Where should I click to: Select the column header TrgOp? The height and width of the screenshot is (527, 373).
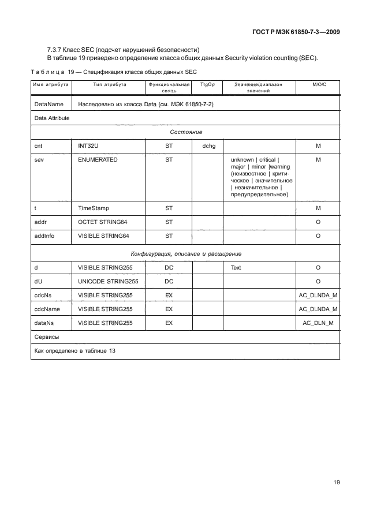point(207,84)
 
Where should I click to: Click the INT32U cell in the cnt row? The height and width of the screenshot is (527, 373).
point(87,147)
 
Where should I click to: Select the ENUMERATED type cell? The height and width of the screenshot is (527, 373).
point(98,159)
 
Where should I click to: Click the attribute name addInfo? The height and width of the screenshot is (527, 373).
point(44,236)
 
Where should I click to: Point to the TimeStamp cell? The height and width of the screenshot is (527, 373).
point(94,207)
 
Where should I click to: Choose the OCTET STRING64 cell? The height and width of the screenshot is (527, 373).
point(103,222)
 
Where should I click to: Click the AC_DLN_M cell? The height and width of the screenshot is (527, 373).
point(318,323)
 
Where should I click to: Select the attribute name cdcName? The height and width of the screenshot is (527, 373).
point(47,309)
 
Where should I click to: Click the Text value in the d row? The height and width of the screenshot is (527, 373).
point(236,268)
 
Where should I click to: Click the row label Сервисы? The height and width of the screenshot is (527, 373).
point(47,337)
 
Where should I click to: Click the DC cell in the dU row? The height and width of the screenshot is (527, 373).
point(169,281)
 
